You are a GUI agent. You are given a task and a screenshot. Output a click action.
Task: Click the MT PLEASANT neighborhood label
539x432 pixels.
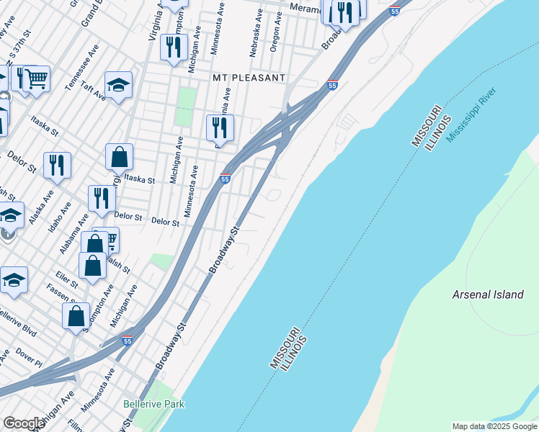[x=249, y=77]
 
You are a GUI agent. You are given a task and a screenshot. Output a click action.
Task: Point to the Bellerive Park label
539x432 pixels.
[x=153, y=404]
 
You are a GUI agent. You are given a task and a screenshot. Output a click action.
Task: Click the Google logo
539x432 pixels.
[x=24, y=423]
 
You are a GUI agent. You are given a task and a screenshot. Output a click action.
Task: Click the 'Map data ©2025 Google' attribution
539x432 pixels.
[x=494, y=426]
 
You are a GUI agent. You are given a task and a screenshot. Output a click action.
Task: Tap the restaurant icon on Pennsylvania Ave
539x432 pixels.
[x=220, y=129]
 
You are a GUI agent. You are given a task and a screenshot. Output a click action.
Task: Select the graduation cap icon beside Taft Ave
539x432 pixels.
[x=118, y=86]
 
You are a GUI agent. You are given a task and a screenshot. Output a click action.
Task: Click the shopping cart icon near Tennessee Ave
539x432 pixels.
[x=36, y=79]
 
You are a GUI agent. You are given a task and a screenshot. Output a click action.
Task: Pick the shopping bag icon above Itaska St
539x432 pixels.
[x=119, y=157]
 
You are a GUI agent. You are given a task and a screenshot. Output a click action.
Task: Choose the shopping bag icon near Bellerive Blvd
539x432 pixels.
[x=76, y=316]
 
